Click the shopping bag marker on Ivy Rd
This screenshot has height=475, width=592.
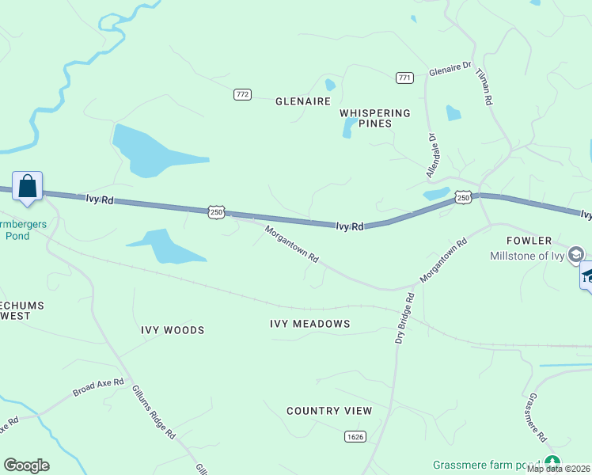coord(27,188)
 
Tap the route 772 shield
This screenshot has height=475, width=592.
coord(242,94)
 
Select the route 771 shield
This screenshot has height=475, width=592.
coord(405,77)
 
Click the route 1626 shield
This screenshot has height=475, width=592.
coord(355,436)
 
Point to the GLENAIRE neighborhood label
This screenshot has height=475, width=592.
coord(302,101)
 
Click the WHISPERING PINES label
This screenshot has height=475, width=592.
coord(375,118)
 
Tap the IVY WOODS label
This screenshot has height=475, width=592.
coord(173,330)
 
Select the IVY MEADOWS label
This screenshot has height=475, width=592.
coord(309,324)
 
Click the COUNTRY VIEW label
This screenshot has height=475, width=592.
coord(329,411)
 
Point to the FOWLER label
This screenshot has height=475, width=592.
coord(529,241)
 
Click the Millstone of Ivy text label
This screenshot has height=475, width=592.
coord(527,255)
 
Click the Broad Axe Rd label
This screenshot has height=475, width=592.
coord(99,387)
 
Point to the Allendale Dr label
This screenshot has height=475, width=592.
coord(432,154)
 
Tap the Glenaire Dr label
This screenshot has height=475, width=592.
coord(450,71)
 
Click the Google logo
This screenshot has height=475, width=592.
coord(26,465)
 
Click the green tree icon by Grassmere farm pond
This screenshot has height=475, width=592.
coord(552,463)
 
